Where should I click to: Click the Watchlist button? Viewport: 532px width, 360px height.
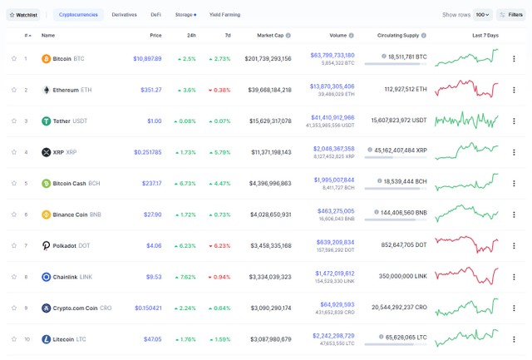coord(23,15)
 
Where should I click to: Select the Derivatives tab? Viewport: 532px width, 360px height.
coord(124,15)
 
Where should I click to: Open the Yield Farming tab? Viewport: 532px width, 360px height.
coord(224,15)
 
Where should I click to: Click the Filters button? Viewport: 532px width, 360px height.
coord(510,15)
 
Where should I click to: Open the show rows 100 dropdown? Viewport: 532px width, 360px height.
coord(483,15)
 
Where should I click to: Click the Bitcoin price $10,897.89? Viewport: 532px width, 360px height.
coord(147,58)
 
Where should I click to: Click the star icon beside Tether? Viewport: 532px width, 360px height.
coord(14,121)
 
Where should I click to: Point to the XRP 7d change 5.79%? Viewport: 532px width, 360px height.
coord(219,152)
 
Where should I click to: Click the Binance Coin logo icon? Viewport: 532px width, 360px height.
coord(47,215)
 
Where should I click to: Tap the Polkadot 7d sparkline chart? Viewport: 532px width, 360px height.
coord(466,245)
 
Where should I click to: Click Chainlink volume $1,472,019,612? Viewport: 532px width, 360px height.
coord(334,273)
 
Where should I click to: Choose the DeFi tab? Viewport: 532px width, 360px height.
coord(156,15)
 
